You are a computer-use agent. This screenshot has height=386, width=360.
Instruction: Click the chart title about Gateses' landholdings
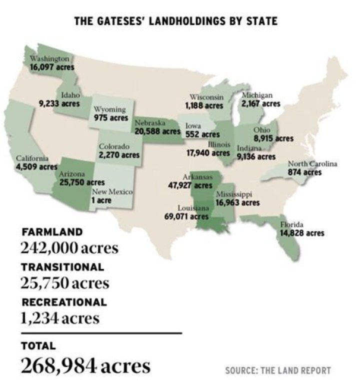(175, 21)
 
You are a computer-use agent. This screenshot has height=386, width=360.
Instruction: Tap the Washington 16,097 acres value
(52, 66)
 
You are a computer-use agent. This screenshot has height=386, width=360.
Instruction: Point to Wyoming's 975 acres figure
(111, 118)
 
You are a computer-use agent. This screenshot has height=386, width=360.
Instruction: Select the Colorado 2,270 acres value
(119, 155)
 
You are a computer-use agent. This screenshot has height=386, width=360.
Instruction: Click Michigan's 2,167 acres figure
(260, 103)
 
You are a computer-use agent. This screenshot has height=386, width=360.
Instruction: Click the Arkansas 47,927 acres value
(190, 185)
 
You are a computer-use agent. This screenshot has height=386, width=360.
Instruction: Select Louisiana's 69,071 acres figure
(186, 216)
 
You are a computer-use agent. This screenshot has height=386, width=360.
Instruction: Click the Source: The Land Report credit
(277, 370)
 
